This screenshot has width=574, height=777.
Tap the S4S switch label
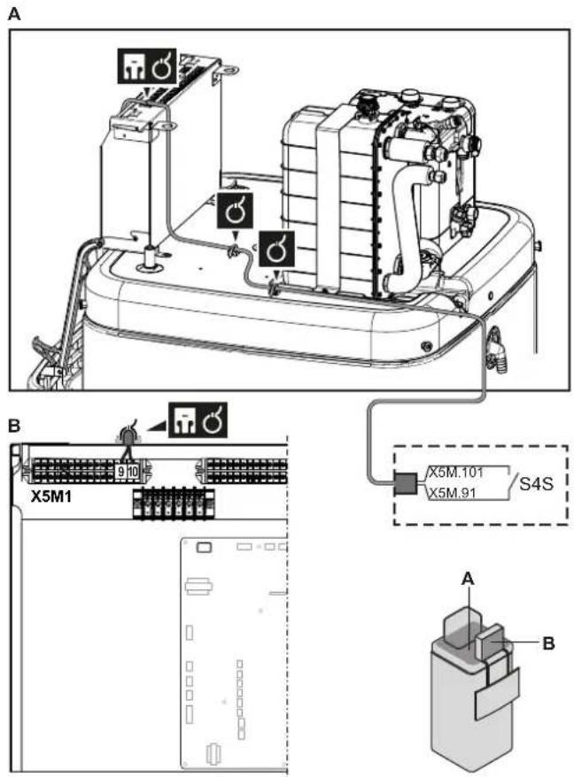point(536,483)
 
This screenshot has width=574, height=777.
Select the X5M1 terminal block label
point(51,496)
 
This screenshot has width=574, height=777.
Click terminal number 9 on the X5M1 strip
point(120,472)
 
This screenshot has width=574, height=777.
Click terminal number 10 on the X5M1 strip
point(132,472)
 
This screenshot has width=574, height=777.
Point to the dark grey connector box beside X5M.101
point(407,484)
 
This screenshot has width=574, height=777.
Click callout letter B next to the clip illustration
point(548,643)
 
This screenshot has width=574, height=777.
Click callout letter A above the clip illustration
point(467,578)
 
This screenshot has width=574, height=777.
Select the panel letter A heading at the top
point(15,14)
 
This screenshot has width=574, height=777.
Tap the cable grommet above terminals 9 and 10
point(128,436)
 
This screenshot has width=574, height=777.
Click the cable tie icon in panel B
point(213,420)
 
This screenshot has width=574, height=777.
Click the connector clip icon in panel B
point(183,420)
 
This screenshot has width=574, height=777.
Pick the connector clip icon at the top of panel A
point(131,65)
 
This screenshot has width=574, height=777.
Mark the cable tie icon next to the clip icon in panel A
point(161,65)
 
